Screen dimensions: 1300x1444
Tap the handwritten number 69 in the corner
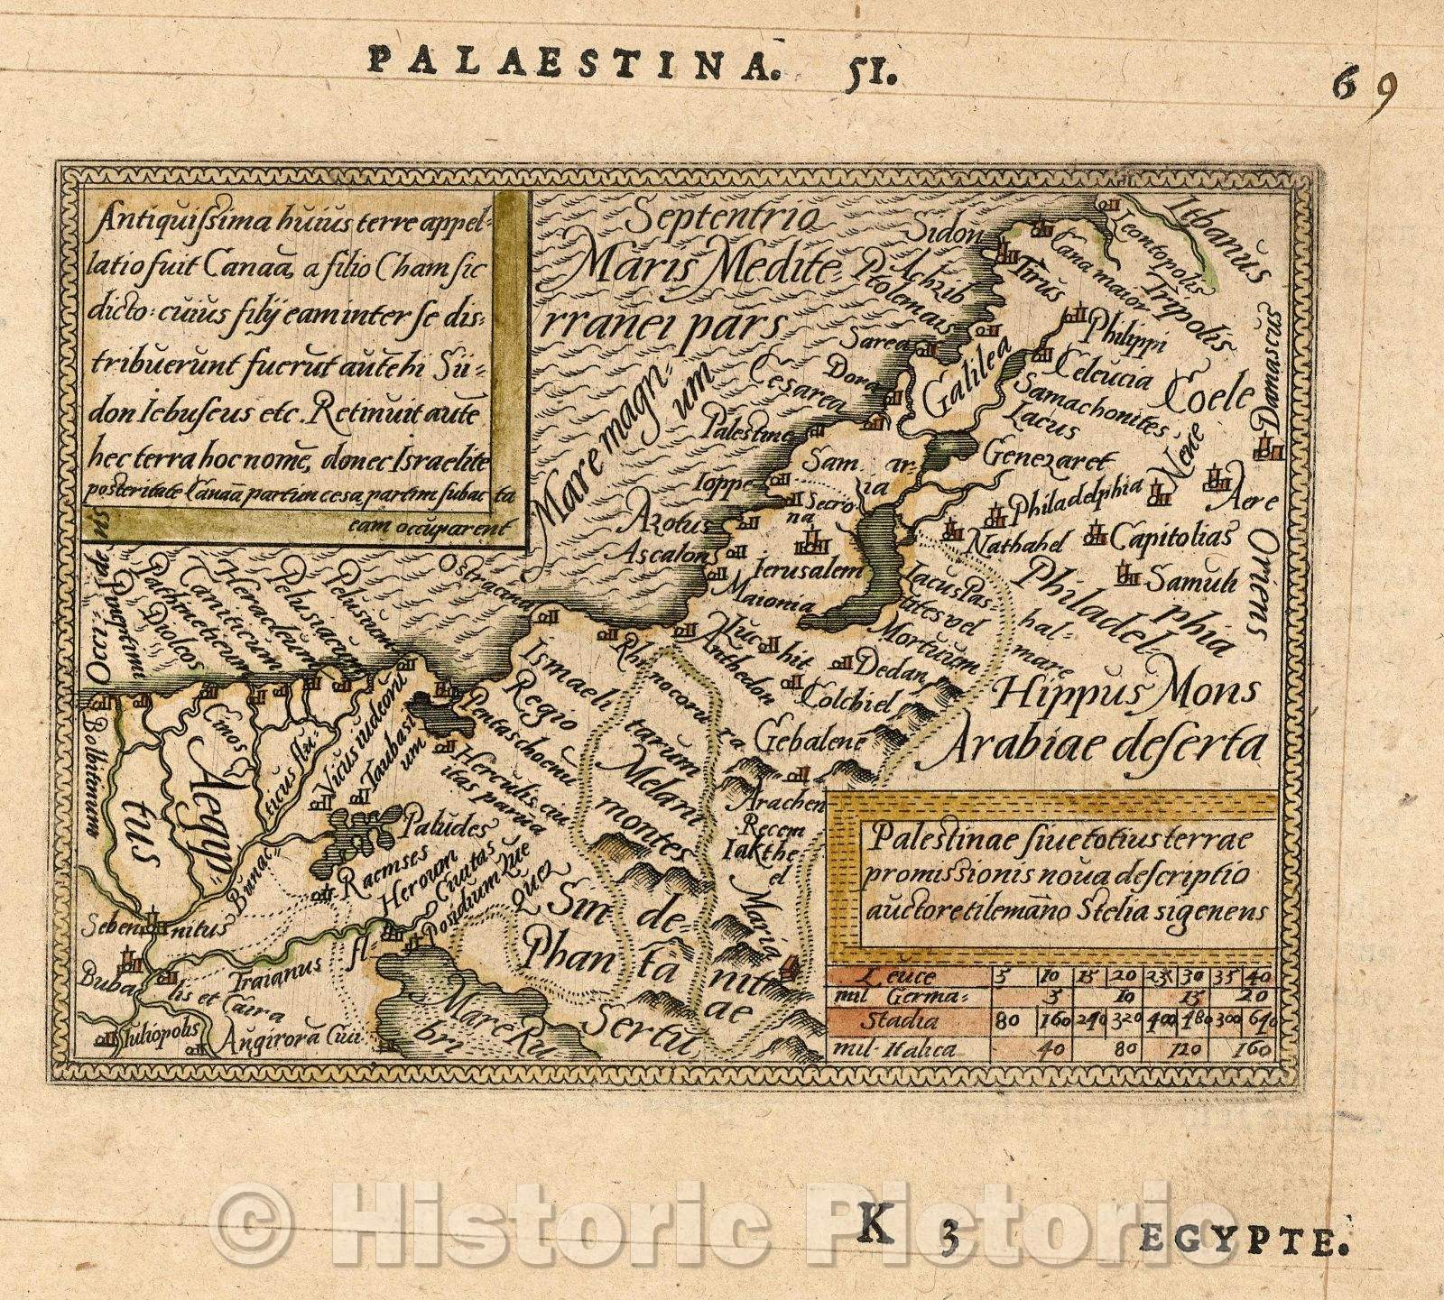pyautogui.click(x=1366, y=87)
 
